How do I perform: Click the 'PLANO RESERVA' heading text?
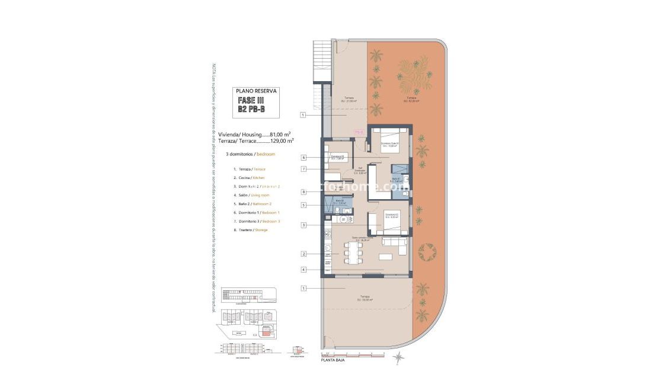click(x=256, y=92)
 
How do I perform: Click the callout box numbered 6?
click(x=303, y=158)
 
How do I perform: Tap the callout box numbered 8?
click(x=303, y=192)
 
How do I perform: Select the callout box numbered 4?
click(x=303, y=270)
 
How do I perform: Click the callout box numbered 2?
click(x=303, y=254)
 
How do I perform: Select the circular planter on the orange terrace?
click(x=427, y=252)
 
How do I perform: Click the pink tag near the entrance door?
click(x=359, y=132)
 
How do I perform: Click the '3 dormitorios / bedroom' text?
click(x=250, y=154)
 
